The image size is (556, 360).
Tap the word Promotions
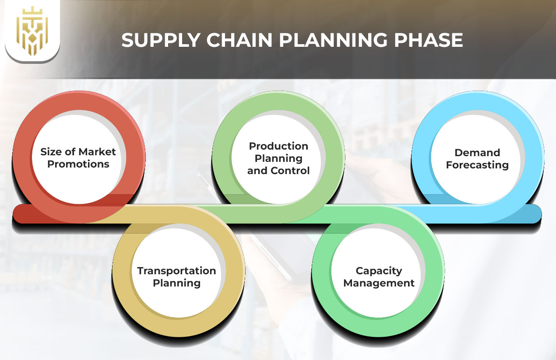click(x=78, y=164)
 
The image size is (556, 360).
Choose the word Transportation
click(x=176, y=271)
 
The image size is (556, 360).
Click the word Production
click(x=278, y=146)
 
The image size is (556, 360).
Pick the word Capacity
click(x=379, y=271)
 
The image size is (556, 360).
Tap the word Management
click(x=379, y=283)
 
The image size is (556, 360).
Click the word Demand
click(x=477, y=153)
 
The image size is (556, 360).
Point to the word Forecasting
click(x=477, y=165)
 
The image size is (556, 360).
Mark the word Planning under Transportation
click(x=176, y=283)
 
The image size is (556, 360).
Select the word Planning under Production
click(x=278, y=158)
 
